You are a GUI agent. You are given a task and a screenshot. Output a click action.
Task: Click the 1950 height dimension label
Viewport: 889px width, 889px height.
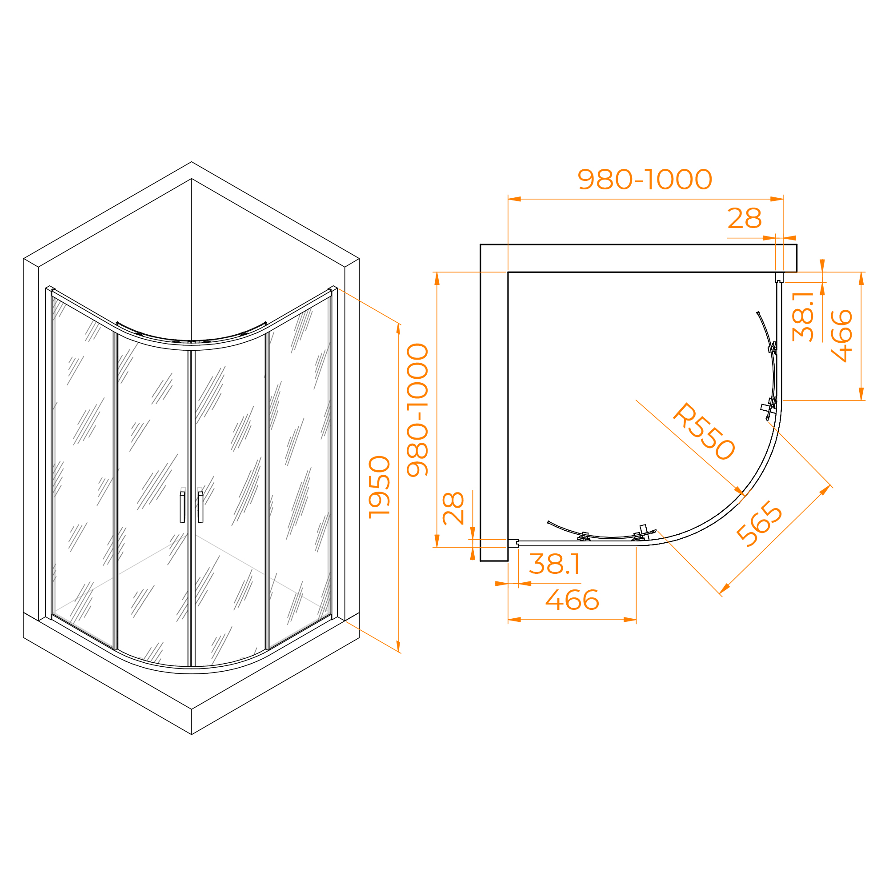[380, 487]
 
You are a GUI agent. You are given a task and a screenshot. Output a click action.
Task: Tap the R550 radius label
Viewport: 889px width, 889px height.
[705, 432]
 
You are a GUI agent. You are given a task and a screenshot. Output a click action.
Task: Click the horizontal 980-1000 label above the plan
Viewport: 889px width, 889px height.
[645, 179]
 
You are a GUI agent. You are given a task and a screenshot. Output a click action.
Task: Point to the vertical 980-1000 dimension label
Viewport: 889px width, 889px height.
[418, 409]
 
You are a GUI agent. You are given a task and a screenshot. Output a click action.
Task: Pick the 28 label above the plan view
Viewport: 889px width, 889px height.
[745, 218]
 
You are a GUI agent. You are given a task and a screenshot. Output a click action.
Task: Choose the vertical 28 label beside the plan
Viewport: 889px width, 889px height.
[453, 509]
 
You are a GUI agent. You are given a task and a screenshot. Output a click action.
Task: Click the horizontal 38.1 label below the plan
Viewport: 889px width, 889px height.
[554, 564]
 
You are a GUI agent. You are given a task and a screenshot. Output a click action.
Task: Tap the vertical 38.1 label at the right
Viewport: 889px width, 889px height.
[803, 316]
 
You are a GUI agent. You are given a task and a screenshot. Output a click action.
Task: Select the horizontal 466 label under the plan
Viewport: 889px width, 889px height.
[573, 600]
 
